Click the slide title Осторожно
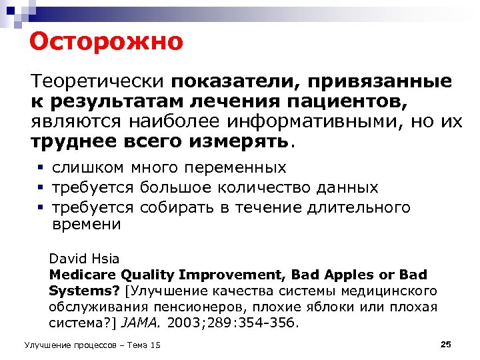[106, 42]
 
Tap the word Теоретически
[97, 81]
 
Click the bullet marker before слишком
[40, 167]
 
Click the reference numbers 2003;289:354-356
[234, 323]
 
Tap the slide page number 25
[446, 344]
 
